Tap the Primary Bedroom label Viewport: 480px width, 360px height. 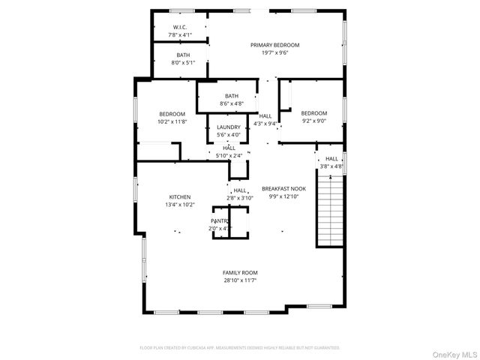(274, 45)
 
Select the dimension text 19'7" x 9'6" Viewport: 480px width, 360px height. (274, 53)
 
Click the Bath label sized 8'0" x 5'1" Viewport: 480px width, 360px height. (183, 55)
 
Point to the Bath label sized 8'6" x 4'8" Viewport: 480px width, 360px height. (231, 95)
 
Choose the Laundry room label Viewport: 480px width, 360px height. (228, 127)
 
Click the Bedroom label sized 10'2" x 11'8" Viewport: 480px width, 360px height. (171, 113)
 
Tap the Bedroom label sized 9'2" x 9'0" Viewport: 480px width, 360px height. (314, 113)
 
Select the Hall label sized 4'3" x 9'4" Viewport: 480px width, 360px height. (265, 115)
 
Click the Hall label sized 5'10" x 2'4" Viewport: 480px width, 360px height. (229, 148)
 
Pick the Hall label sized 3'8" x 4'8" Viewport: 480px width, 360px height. (331, 159)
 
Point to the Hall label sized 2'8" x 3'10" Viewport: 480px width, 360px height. (240, 190)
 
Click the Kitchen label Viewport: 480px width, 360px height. (179, 196)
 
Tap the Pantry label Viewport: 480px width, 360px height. (220, 220)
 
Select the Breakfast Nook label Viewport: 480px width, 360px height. (283, 188)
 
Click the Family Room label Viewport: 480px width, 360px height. (240, 272)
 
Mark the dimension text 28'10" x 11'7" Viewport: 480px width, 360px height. (240, 280)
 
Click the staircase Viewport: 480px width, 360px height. (330, 209)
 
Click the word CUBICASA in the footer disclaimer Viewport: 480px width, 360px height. (202, 348)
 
